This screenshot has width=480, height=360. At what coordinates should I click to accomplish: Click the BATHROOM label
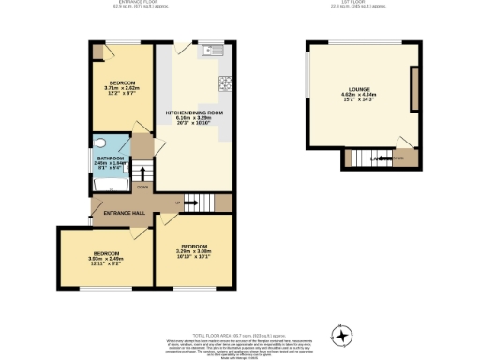tap(113, 160)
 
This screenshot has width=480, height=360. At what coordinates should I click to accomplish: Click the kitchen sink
tap(213, 50)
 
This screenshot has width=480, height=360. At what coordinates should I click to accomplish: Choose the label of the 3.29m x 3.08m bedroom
tap(194, 249)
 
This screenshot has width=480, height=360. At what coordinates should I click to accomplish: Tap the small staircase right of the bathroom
tap(142, 172)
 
